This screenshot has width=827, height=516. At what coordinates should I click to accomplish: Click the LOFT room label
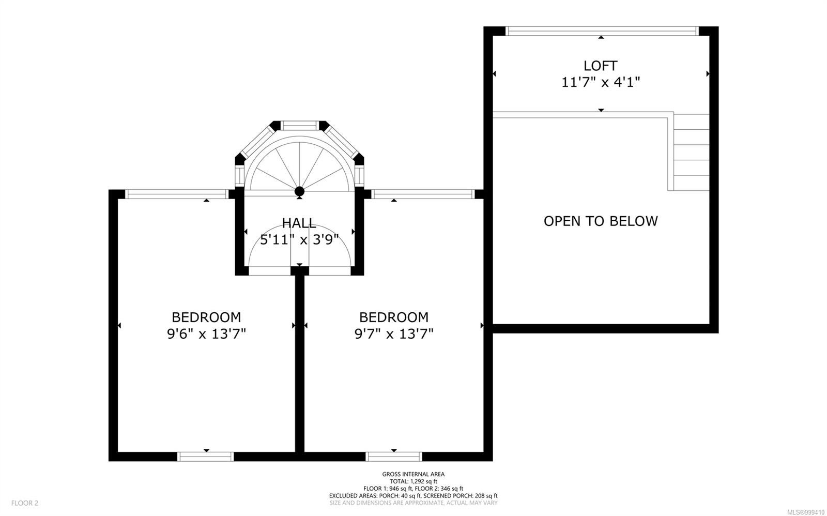click(x=600, y=66)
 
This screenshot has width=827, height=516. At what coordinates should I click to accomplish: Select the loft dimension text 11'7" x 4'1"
click(x=601, y=82)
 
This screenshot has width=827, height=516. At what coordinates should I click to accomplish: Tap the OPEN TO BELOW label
click(x=601, y=221)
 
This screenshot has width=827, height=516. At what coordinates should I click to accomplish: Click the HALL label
click(x=299, y=223)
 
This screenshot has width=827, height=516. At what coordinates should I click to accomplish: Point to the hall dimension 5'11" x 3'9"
click(x=299, y=240)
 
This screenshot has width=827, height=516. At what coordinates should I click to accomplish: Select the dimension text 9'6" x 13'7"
click(x=206, y=334)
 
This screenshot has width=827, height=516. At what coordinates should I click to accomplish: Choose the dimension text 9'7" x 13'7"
click(x=394, y=334)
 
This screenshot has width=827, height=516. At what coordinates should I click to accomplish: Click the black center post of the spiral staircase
click(x=299, y=191)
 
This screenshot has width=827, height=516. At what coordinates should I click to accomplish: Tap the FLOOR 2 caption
click(x=25, y=503)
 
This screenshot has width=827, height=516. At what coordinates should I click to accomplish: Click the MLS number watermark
click(x=806, y=512)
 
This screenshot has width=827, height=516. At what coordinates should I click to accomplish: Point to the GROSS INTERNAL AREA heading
click(x=413, y=474)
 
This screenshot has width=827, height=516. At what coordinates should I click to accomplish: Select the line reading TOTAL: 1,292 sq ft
click(x=413, y=481)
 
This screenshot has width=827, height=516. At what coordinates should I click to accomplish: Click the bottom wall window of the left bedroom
click(x=206, y=457)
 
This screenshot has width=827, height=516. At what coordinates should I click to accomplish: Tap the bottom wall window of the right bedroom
click(x=394, y=457)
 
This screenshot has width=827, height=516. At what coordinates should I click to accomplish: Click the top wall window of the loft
click(x=602, y=31)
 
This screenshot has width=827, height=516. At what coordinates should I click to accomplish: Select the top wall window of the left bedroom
click(x=177, y=194)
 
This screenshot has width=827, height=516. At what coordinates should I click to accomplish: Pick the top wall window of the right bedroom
click(x=423, y=194)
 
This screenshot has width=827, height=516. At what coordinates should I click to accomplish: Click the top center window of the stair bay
click(x=300, y=126)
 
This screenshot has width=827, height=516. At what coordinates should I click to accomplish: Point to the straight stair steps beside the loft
click(x=691, y=152)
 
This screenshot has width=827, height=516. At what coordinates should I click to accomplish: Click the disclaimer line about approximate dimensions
click(x=413, y=503)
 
